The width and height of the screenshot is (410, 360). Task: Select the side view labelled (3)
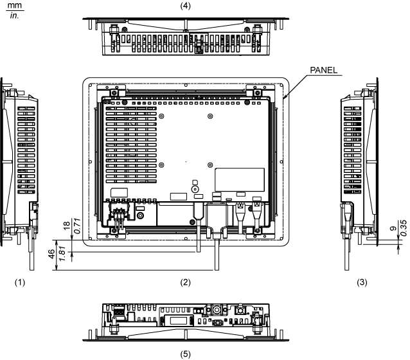(x=359, y=164)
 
